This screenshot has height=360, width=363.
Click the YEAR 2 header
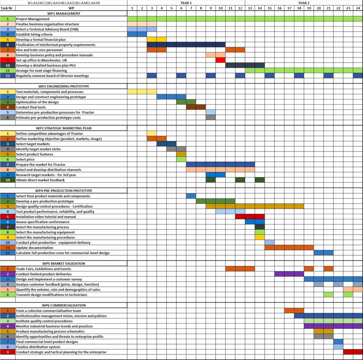[304, 3]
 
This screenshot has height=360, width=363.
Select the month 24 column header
[358, 8]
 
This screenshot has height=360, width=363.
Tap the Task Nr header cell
[8, 8]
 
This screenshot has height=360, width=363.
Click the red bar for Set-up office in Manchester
[220, 60]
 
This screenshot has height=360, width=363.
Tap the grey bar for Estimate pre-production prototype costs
[210, 118]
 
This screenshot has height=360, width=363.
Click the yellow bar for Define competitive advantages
[152, 134]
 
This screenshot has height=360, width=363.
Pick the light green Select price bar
[181, 160]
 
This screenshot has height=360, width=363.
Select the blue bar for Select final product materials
[191, 196]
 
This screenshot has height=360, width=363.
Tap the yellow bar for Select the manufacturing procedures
[260, 238]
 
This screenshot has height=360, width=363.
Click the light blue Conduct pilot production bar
[269, 243]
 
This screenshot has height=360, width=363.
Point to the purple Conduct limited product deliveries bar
[289, 274]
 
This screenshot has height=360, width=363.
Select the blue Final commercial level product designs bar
[338, 342]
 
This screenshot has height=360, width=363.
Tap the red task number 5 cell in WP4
[8, 217]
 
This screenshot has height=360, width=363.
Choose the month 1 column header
[132, 8]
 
